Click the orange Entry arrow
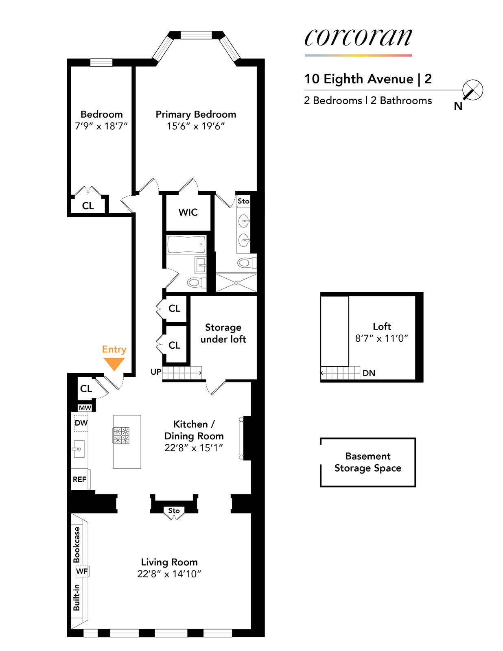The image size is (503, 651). coord(114,363)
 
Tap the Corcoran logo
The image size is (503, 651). coord(358,37)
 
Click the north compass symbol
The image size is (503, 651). coord(472,90)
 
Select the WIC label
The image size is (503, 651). coord(188,212)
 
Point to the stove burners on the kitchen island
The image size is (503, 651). coord(121,435)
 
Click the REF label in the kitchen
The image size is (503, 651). coord(79,479)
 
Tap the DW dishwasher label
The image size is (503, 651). coord(81,423)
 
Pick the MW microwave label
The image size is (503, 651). coord(85,408)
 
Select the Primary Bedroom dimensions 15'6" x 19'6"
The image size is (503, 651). coord(196,126)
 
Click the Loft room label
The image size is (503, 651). coord(382,326)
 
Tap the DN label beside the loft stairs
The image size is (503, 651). coord(369,373)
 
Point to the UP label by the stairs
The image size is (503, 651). coord(156,372)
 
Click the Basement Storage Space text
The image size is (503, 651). coord(368,462)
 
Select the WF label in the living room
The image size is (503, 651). coord(82,571)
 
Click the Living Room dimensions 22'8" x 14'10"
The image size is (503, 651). coord(169,574)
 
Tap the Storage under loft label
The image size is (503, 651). coord(223,333)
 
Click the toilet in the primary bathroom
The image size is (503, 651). coord(245,263)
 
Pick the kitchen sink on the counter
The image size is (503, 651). coord(79,449)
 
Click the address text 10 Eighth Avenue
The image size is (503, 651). coord(359,79)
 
